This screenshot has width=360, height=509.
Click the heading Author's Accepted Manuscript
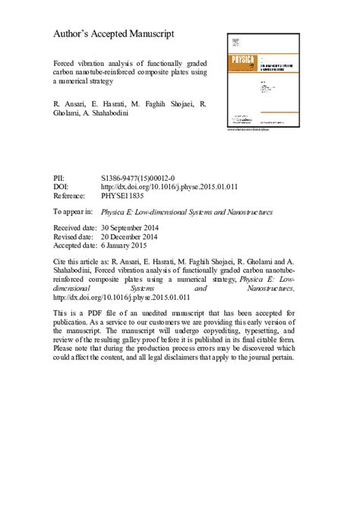point(114,34)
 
